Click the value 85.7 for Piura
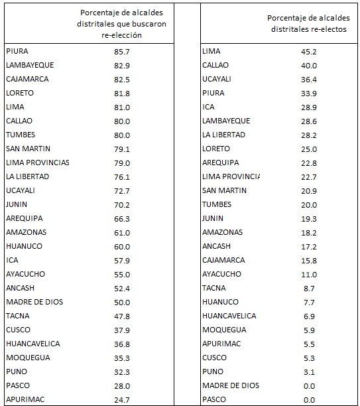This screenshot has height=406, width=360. point(122,52)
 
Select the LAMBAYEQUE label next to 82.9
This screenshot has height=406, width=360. point(30,65)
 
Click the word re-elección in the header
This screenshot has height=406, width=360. point(121,35)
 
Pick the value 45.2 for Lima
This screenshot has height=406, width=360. point(309,52)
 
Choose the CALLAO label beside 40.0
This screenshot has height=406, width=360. point(215,65)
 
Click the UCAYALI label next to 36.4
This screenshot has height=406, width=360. point(217,79)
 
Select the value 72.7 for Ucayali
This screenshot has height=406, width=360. point(122,191)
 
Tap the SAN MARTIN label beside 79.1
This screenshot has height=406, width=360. point(29,149)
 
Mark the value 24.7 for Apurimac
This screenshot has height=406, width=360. point(122,400)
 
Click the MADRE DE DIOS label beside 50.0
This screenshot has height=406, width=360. point(34,302)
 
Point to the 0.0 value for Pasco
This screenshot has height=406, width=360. point(309,400)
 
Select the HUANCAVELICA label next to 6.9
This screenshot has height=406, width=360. point(229,316)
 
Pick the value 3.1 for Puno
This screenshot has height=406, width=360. point(309,372)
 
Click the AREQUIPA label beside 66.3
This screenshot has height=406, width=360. point(25,218)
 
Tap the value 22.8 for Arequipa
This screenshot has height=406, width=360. point(309,163)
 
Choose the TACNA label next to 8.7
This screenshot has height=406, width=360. point(214,288)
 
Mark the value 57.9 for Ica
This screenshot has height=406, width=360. point(122,261)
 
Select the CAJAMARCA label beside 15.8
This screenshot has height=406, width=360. point(223,260)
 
